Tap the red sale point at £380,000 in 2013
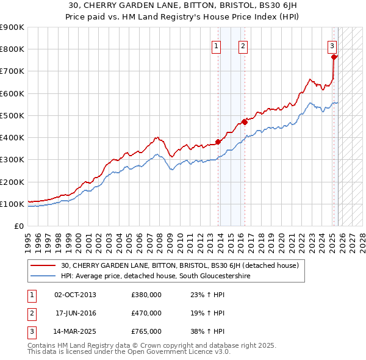218,142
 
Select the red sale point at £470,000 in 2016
245,122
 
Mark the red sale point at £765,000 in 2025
334,57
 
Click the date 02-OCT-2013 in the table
75,295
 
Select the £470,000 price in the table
146,313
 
